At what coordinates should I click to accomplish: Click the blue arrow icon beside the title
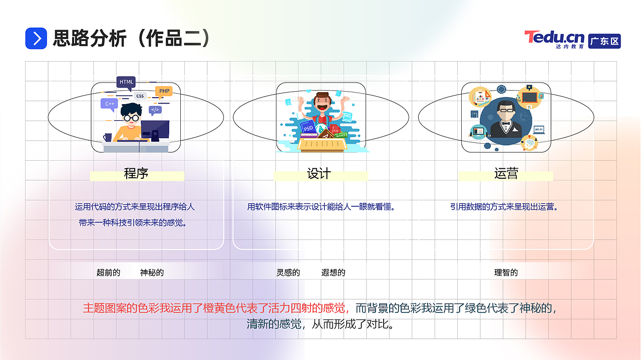click(36, 39)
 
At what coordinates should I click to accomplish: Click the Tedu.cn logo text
click(554, 38)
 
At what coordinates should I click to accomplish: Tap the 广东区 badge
click(604, 41)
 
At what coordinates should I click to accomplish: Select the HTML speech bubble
click(126, 82)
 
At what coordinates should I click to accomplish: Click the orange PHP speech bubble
click(164, 91)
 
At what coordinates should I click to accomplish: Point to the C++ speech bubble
click(110, 104)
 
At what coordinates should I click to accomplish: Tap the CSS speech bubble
click(140, 96)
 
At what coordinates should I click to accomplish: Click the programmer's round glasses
click(131, 118)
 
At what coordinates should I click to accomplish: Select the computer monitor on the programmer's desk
click(155, 129)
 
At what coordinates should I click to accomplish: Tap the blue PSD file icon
click(307, 128)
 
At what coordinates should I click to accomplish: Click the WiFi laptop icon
click(539, 130)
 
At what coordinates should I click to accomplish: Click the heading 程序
click(136, 174)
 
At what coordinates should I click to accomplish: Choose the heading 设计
click(319, 174)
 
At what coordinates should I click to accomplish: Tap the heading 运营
click(506, 174)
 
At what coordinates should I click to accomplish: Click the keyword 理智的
click(506, 273)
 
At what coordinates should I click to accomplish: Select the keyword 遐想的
click(333, 273)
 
